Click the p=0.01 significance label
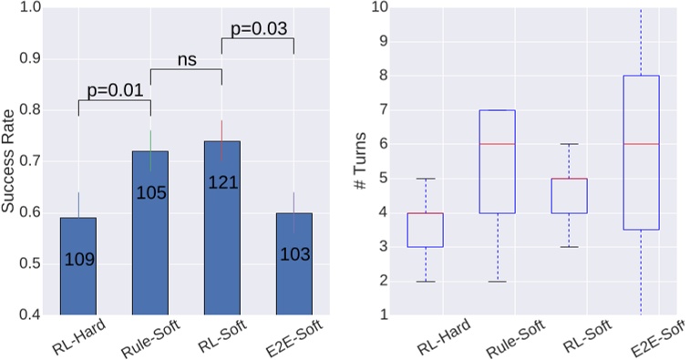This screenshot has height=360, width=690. (113, 90)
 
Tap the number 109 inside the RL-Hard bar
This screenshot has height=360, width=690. (78, 260)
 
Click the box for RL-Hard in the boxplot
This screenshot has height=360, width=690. (426, 230)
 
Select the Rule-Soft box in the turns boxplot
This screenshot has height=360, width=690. (498, 161)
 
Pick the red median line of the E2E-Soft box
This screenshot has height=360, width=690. (641, 144)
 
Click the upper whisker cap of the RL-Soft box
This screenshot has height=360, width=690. (570, 144)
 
